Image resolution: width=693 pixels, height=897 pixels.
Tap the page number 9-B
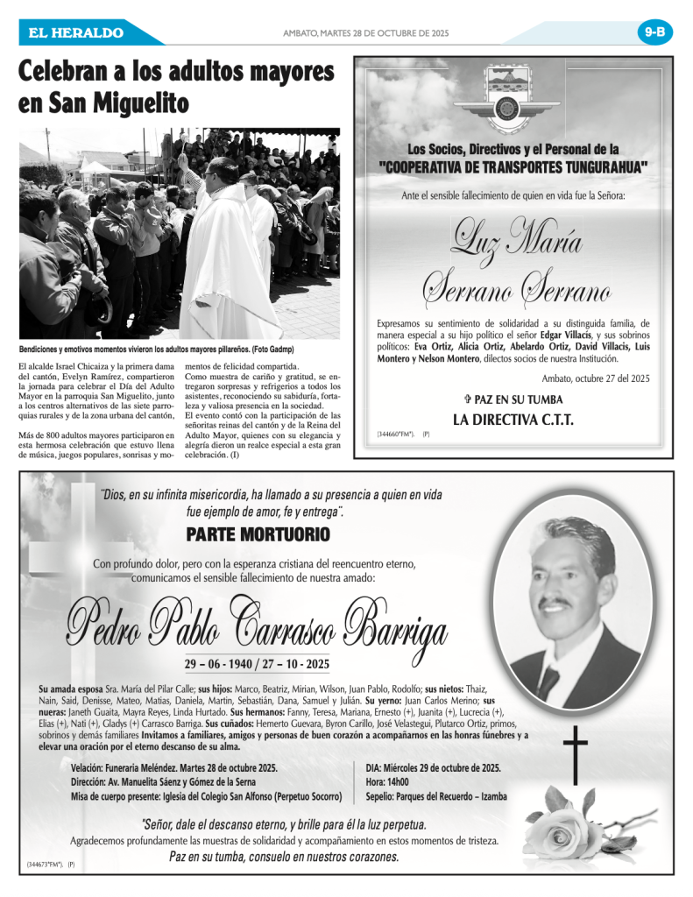[654, 32]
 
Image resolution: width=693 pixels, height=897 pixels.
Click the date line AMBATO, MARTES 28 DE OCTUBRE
[365, 33]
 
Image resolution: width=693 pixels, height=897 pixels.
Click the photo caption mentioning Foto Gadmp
[157, 349]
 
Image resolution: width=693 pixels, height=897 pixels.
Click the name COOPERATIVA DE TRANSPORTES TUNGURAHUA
[513, 166]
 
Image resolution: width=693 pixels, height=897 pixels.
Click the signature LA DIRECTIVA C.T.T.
[513, 420]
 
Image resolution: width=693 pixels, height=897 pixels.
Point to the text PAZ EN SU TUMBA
[513, 399]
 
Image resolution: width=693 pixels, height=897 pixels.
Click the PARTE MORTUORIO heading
[258, 534]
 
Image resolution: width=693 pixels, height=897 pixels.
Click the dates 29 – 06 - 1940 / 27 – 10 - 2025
[257, 663]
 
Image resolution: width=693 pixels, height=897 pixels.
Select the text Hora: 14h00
[387, 782]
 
